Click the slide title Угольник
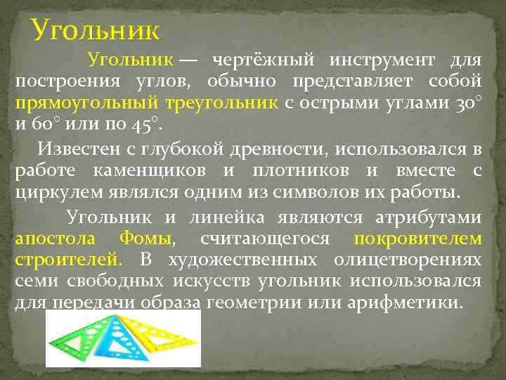96,30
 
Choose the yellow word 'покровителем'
417,239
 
